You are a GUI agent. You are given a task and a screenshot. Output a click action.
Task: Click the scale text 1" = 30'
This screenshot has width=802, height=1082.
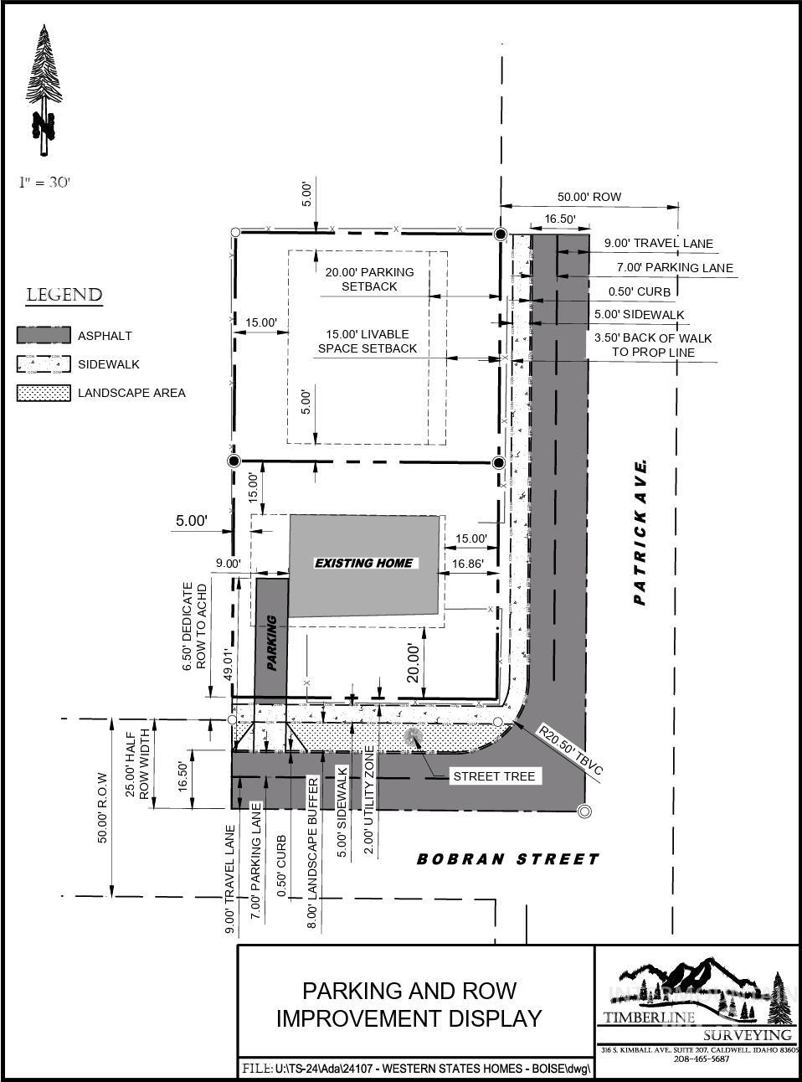click(x=44, y=182)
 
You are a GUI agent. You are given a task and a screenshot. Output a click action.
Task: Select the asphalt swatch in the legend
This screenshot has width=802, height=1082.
click(x=44, y=335)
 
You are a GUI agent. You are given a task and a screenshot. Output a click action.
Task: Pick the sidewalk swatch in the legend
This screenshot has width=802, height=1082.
click(x=44, y=364)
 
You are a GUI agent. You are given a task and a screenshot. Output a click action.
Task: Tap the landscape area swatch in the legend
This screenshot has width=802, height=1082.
click(x=44, y=393)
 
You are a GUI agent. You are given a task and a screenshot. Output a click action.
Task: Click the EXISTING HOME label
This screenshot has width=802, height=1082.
click(x=364, y=563)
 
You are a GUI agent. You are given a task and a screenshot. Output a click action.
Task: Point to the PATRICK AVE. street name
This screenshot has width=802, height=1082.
click(x=640, y=533)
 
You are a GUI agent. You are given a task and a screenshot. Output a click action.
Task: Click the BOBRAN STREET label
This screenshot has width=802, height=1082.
click(x=508, y=858)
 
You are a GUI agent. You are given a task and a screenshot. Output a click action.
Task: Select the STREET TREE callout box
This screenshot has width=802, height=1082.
click(x=494, y=776)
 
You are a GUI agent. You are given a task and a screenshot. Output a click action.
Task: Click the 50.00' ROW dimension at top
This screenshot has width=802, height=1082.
click(x=589, y=197)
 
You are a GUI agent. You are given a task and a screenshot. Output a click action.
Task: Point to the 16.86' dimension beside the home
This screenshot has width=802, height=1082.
click(x=466, y=564)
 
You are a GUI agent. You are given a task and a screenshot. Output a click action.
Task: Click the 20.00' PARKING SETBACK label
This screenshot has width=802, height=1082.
click(x=369, y=279)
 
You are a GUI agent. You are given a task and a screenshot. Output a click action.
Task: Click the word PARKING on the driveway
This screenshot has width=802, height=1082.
click(x=271, y=642)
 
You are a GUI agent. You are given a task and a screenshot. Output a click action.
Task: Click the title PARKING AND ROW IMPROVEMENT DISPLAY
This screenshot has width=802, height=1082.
click(x=409, y=1004)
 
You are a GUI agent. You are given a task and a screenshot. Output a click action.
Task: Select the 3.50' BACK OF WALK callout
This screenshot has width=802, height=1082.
click(x=652, y=344)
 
